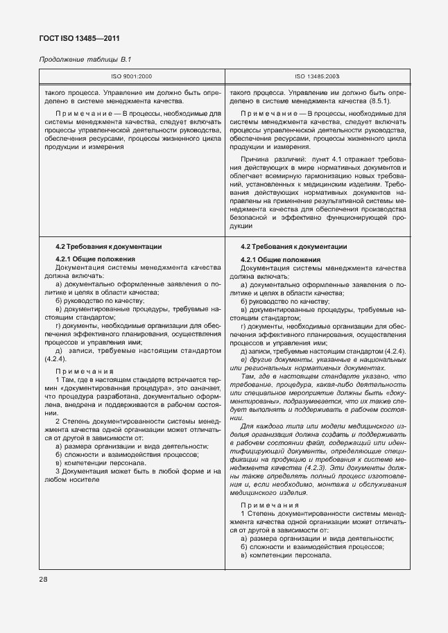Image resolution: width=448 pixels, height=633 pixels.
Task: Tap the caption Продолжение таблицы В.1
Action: click(82, 60)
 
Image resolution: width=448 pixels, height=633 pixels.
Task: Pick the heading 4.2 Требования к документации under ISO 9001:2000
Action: click(108, 246)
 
